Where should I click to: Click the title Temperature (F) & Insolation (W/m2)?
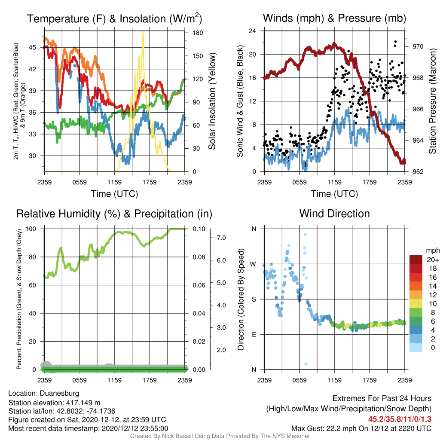114,18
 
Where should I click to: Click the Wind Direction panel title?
334,214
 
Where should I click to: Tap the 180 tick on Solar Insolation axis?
198,33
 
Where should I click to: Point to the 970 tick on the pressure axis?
418,46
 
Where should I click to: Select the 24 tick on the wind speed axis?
252,31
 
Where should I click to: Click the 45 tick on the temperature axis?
33,47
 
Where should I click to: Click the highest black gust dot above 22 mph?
395,42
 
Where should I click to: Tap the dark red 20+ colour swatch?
416,260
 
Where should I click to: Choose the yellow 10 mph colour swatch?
416,303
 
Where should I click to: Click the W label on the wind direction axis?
253,264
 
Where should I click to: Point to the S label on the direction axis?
254,299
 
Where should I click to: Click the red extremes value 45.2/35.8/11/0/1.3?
400,419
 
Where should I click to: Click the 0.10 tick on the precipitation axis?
199,229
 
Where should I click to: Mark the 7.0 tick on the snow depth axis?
221,238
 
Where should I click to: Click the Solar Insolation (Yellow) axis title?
212,101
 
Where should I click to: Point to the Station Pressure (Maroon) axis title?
432,101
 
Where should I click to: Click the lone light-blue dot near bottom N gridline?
306,364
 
